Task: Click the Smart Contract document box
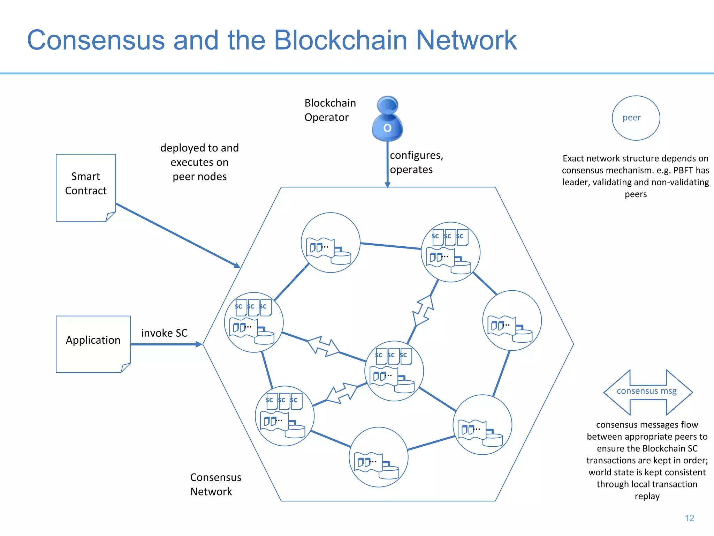click(x=86, y=187)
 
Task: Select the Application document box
click(x=93, y=344)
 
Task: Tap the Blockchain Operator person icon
click(x=387, y=119)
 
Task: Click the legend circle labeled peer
click(x=636, y=118)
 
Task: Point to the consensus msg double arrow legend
click(x=648, y=392)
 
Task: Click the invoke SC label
click(x=164, y=333)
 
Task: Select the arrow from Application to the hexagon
click(x=166, y=344)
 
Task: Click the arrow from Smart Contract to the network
click(x=178, y=235)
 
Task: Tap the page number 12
click(x=689, y=518)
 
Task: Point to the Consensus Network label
click(x=215, y=484)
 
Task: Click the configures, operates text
click(x=416, y=162)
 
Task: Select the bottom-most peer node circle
click(x=378, y=457)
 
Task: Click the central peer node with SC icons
click(x=394, y=371)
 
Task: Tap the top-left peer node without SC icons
click(x=330, y=243)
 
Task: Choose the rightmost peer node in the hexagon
click(x=512, y=320)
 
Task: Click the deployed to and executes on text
click(x=199, y=162)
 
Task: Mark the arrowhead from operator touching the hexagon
click(x=387, y=185)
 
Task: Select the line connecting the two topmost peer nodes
click(x=390, y=246)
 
